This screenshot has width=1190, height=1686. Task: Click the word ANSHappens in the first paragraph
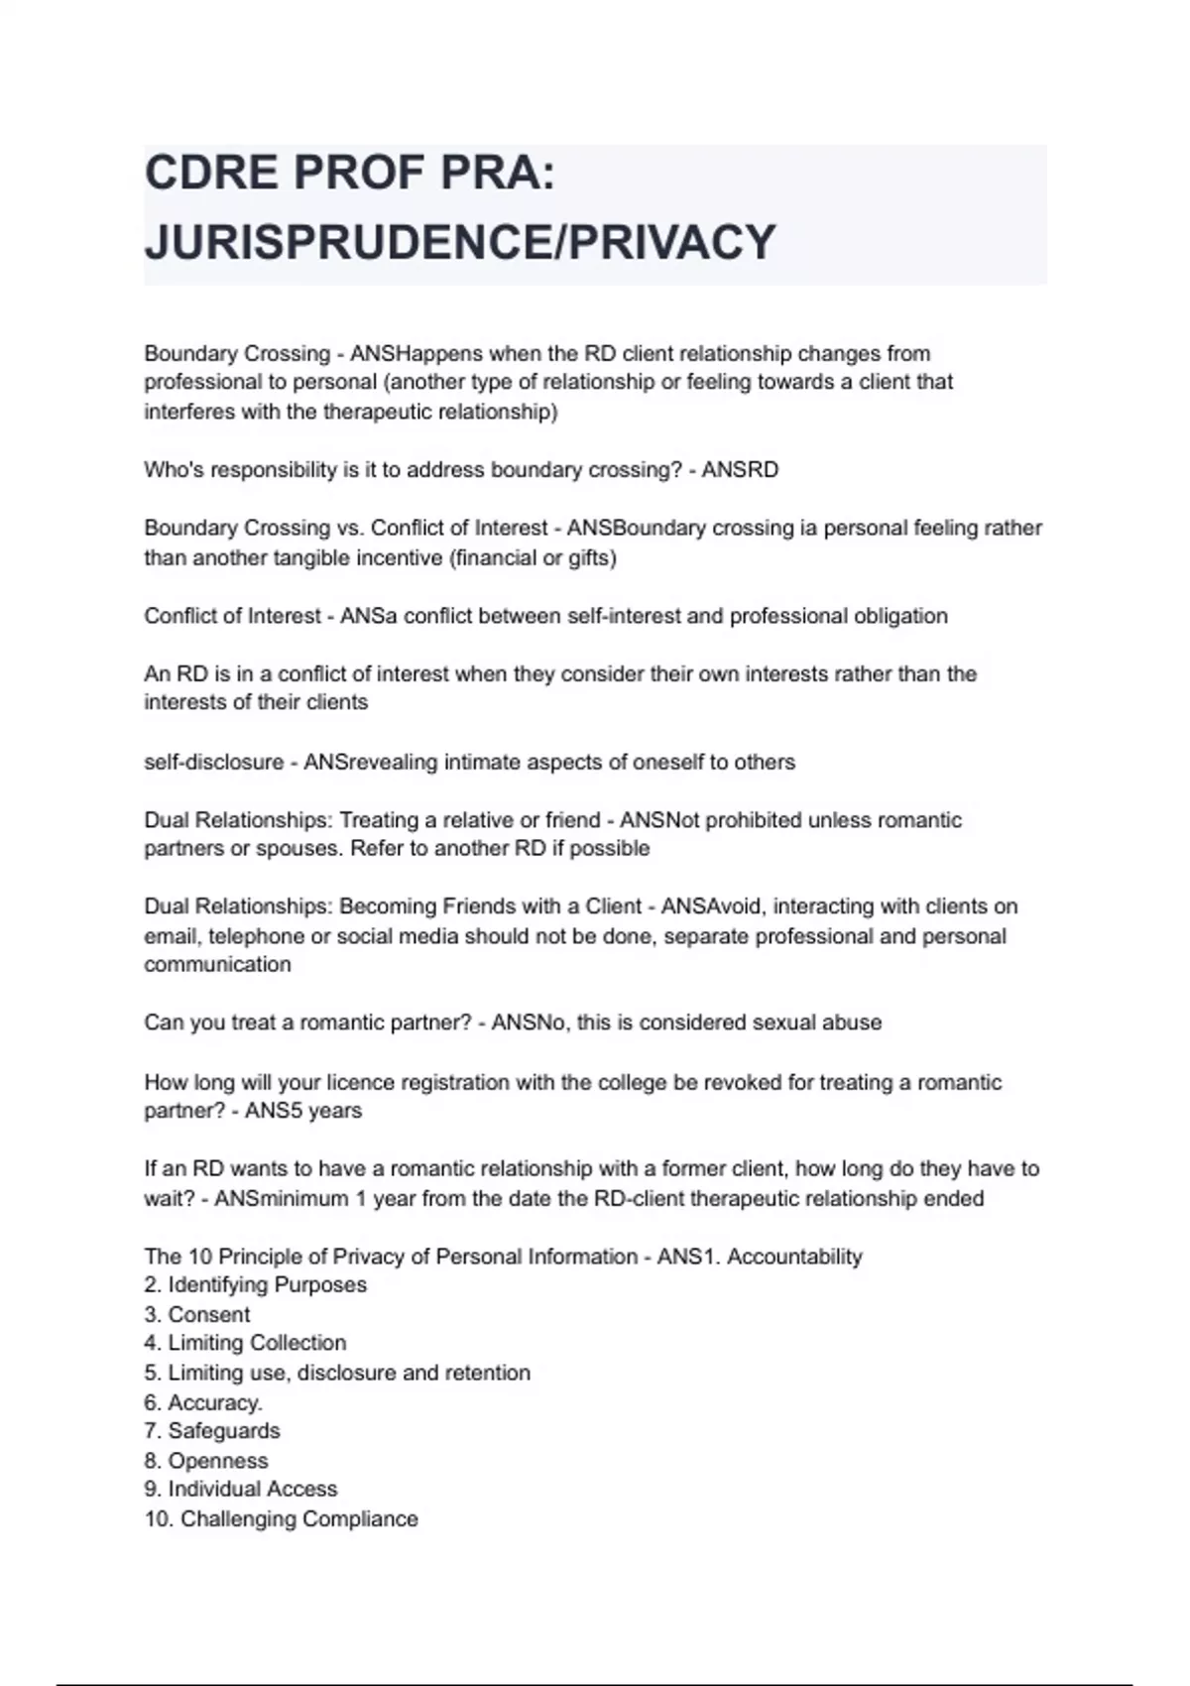[416, 354]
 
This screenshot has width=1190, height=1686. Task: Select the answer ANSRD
[740, 470]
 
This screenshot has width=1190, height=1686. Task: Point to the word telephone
[257, 936]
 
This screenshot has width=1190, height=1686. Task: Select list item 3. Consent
[197, 1314]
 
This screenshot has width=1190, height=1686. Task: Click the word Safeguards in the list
[224, 1431]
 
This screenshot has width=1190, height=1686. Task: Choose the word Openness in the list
[218, 1461]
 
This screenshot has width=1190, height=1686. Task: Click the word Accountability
[794, 1257]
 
